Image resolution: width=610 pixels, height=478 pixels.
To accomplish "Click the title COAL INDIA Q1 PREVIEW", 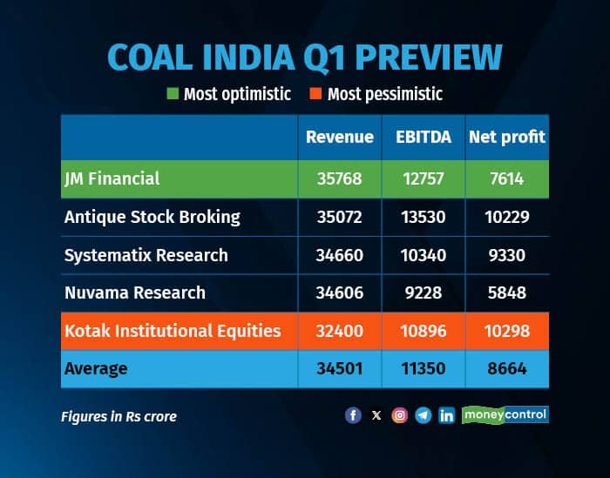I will click(x=304, y=57).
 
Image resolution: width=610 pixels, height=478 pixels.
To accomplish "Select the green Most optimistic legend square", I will click(x=173, y=94).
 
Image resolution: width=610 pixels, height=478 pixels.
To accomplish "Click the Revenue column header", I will click(x=339, y=137).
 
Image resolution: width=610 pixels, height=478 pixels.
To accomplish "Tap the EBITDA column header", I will click(x=423, y=137).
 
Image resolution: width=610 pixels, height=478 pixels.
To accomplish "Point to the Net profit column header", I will click(x=506, y=137).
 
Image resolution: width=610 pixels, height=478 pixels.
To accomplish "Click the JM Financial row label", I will click(x=112, y=178).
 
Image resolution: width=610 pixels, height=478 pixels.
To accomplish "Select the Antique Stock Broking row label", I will click(x=152, y=217).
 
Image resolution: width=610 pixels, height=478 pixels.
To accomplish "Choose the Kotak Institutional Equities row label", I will click(x=172, y=331).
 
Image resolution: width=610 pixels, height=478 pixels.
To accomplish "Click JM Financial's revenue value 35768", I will click(x=339, y=178).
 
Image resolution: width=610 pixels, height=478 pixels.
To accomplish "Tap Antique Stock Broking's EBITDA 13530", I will click(x=423, y=217).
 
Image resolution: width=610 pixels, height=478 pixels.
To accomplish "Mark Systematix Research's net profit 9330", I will click(x=506, y=255).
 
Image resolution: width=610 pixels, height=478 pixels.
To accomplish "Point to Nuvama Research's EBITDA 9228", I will click(x=423, y=293).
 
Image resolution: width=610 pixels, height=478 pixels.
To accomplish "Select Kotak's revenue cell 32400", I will click(x=339, y=331).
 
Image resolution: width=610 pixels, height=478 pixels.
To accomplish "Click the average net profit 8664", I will click(x=506, y=369).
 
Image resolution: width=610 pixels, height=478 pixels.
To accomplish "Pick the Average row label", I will click(x=96, y=369).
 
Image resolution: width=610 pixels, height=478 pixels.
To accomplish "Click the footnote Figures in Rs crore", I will click(x=119, y=416).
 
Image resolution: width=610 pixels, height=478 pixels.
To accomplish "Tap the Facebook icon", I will click(x=353, y=415).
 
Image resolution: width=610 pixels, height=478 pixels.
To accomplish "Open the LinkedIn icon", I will click(x=446, y=415).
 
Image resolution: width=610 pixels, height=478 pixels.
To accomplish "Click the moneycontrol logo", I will click(x=505, y=414).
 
